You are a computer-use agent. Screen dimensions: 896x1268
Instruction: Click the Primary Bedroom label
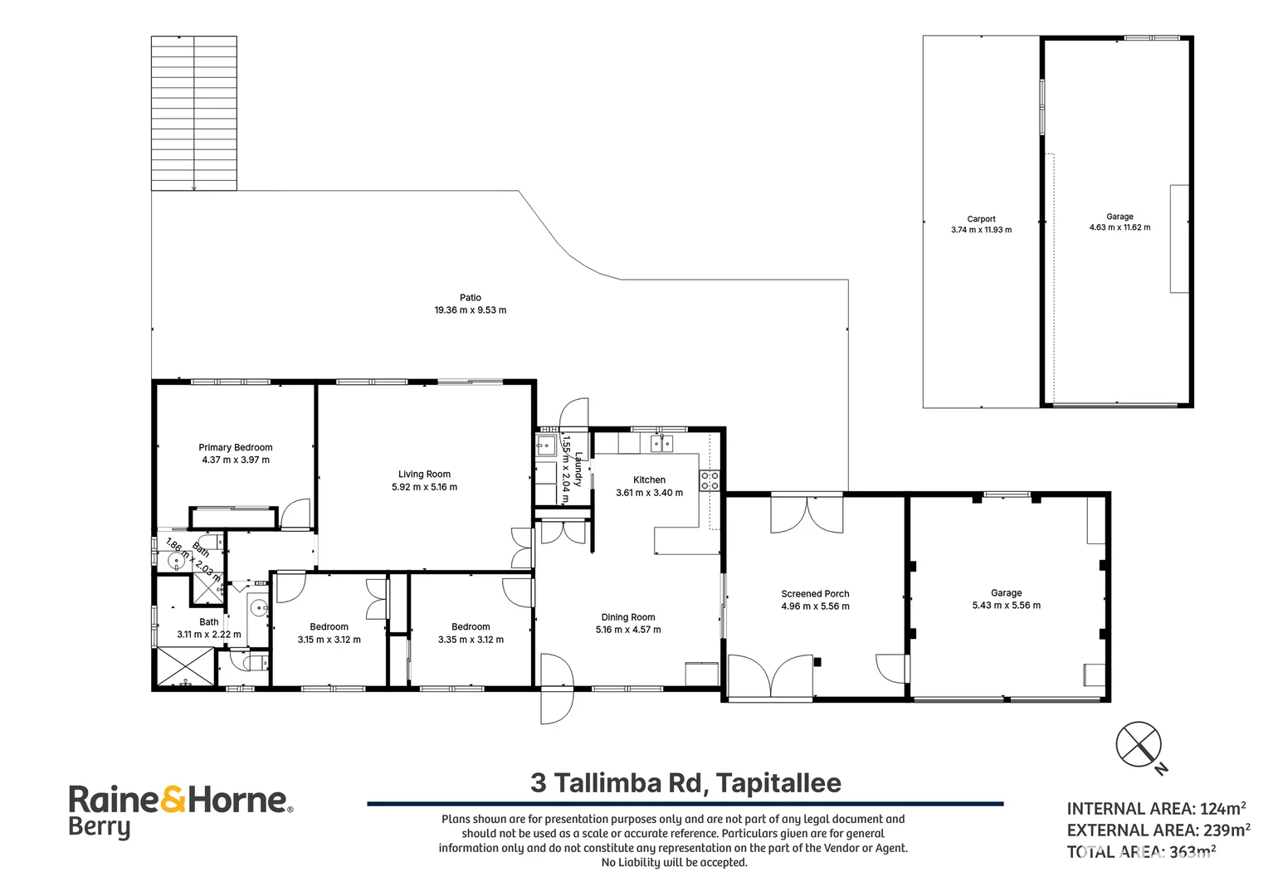click(235, 447)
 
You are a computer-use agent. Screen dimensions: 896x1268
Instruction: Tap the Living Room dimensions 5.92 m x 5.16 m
click(424, 487)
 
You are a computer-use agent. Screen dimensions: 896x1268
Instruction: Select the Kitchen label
click(649, 480)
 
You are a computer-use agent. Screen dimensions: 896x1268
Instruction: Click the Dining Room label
click(627, 617)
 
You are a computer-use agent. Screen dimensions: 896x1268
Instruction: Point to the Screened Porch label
click(815, 594)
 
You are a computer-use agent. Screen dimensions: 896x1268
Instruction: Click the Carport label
click(981, 219)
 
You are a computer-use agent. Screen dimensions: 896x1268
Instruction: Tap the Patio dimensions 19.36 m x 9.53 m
click(470, 310)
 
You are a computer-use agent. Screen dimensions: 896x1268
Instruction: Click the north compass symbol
click(1139, 744)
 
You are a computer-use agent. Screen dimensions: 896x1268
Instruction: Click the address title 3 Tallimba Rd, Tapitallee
click(685, 782)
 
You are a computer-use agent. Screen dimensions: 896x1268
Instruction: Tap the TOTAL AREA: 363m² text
click(1141, 852)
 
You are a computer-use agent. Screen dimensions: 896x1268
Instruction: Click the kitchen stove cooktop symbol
click(710, 480)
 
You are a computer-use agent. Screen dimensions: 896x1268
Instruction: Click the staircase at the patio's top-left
click(194, 113)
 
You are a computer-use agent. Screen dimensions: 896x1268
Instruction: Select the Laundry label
click(578, 470)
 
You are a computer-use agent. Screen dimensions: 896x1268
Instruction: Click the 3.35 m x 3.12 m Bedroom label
click(471, 627)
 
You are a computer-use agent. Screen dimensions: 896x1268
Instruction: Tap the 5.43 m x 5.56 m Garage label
click(1006, 593)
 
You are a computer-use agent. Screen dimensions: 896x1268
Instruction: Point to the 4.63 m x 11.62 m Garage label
click(1119, 217)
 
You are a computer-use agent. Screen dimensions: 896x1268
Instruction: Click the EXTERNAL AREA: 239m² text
click(1158, 830)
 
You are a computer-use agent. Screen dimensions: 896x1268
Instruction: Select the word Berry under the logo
click(99, 827)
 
